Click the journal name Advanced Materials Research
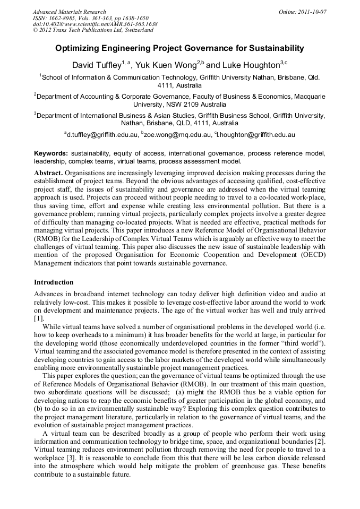tap(69, 12)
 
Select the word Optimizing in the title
tap(76, 48)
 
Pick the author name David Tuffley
tap(96, 65)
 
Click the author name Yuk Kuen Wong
tap(168, 65)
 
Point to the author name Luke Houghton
tap(250, 65)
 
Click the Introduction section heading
tap(54, 282)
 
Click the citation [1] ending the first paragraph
tap(38, 318)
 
